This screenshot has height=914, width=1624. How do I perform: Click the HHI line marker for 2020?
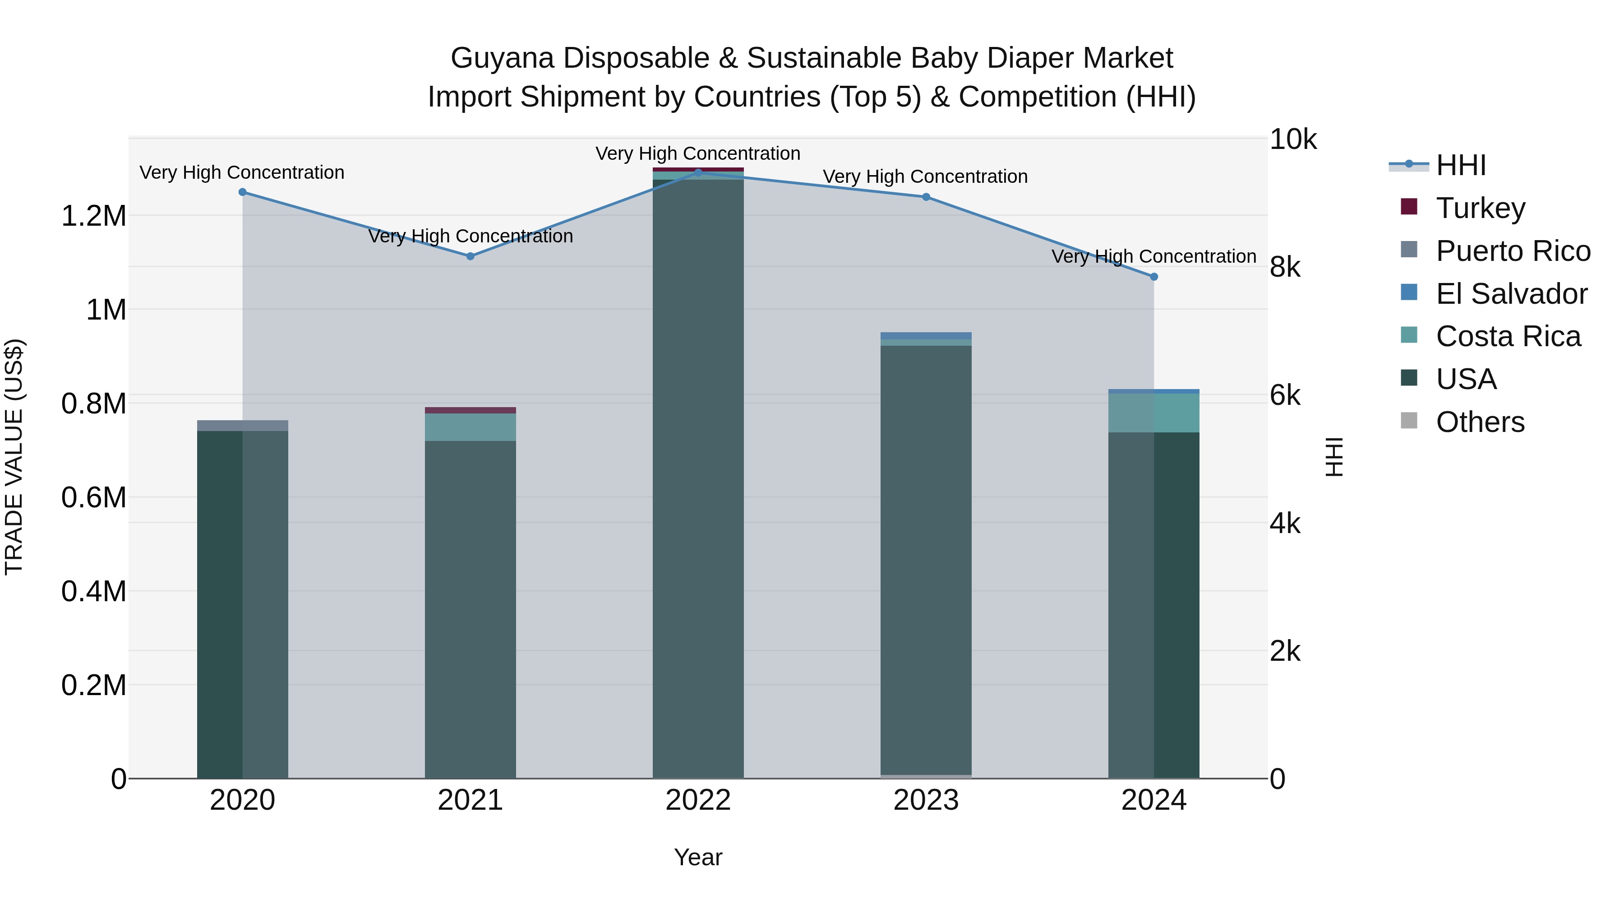[x=243, y=192]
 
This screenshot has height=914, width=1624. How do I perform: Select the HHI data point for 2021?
[x=471, y=256]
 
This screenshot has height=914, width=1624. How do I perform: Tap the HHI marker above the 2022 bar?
[x=698, y=172]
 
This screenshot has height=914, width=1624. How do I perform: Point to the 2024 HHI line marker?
[x=1153, y=276]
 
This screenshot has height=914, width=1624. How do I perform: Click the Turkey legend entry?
[x=1480, y=208]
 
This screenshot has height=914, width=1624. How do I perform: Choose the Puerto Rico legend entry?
[x=1513, y=251]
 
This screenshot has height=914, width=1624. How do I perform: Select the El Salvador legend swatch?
[x=1408, y=292]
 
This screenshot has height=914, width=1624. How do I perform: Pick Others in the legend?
[x=1480, y=422]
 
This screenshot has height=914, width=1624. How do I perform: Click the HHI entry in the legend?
[x=1461, y=165]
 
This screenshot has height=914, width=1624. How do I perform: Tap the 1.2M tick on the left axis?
[x=93, y=216]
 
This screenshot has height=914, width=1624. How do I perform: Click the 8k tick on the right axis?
[x=1285, y=268]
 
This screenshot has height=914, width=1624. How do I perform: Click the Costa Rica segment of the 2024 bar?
[x=1153, y=413]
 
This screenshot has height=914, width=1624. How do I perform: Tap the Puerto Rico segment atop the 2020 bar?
[x=243, y=426]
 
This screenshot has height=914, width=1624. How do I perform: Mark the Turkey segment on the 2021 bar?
[x=471, y=410]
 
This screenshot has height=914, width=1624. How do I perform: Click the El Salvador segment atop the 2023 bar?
[x=926, y=335]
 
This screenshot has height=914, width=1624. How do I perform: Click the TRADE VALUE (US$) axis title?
[x=14, y=457]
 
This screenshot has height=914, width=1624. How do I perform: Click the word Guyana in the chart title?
[x=502, y=59]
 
